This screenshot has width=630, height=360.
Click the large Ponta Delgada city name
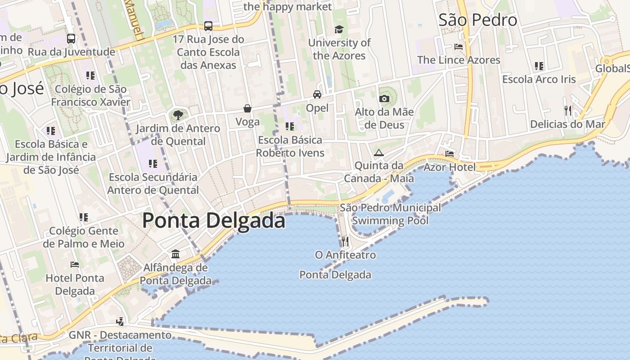pos(214,221)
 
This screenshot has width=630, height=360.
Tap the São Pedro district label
pos(477,20)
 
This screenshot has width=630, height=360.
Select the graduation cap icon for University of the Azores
pos(339,30)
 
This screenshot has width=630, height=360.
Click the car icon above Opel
pos(317,94)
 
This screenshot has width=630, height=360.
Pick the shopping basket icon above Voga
pos(247,108)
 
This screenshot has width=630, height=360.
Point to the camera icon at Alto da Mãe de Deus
pos(384,99)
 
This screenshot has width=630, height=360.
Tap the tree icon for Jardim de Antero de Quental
pos(178,115)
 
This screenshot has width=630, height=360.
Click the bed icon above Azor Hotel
pos(449,154)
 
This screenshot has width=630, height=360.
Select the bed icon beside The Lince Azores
pos(458,47)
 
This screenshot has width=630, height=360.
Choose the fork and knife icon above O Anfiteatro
pos(345,242)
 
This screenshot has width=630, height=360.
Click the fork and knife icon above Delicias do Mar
pos(568,110)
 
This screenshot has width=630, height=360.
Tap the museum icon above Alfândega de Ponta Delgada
pos(175,254)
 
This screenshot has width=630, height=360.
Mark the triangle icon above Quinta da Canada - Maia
pos(379,153)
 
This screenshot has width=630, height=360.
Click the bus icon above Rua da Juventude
pos(71,39)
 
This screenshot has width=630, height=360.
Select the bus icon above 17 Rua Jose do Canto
pos(208,26)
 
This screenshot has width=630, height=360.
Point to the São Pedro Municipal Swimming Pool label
pos(390,214)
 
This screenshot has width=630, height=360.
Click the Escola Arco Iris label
pos(539,79)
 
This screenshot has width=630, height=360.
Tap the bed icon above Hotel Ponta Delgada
pos(75,265)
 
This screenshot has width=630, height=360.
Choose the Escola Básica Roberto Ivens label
pos(290,146)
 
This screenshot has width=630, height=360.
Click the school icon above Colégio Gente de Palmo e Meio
pos(84,217)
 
